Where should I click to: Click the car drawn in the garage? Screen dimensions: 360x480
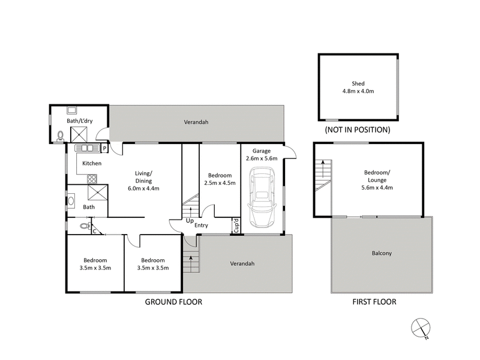[263, 196]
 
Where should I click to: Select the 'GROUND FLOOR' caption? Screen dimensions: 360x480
[173, 302]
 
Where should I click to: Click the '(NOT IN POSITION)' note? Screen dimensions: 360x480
[357, 130]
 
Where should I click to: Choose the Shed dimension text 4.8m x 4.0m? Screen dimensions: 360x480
[358, 92]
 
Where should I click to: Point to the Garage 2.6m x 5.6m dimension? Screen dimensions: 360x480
[262, 159]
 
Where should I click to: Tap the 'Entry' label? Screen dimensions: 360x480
[201, 226]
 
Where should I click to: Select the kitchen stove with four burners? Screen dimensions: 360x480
[92, 178]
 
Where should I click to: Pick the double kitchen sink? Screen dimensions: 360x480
[86, 148]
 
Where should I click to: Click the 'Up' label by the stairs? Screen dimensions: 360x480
[189, 221]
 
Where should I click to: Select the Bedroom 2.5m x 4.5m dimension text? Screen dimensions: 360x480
[220, 183]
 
